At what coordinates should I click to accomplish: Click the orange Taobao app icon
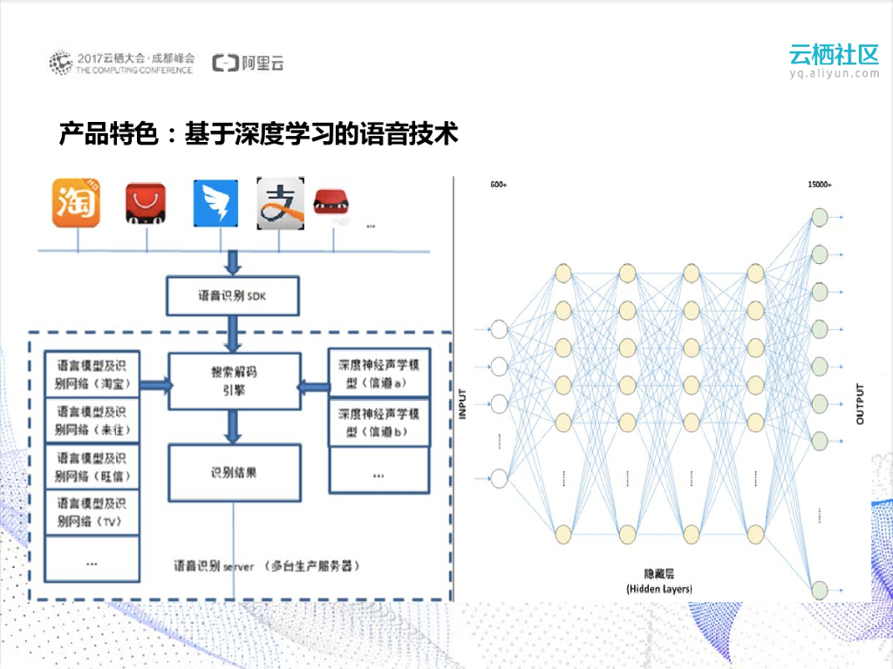[77, 203]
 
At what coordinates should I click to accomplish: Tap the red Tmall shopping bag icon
[147, 204]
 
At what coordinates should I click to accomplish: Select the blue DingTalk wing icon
[215, 204]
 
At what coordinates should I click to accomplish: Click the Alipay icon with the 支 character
[281, 204]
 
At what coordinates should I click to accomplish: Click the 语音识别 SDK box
[233, 296]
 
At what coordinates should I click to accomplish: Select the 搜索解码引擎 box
[234, 381]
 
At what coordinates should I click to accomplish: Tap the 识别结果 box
[234, 473]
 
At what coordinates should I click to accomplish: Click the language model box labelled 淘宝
[92, 374]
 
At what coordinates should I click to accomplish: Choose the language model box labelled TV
[92, 512]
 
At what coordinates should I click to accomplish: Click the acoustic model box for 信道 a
[378, 374]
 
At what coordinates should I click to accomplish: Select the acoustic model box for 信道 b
[378, 422]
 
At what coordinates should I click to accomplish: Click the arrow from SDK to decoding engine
[234, 334]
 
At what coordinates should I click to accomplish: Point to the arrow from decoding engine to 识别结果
[234, 426]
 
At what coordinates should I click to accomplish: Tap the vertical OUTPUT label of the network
[860, 403]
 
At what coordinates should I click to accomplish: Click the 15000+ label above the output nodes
[820, 186]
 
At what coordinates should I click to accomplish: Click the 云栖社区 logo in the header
[834, 55]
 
